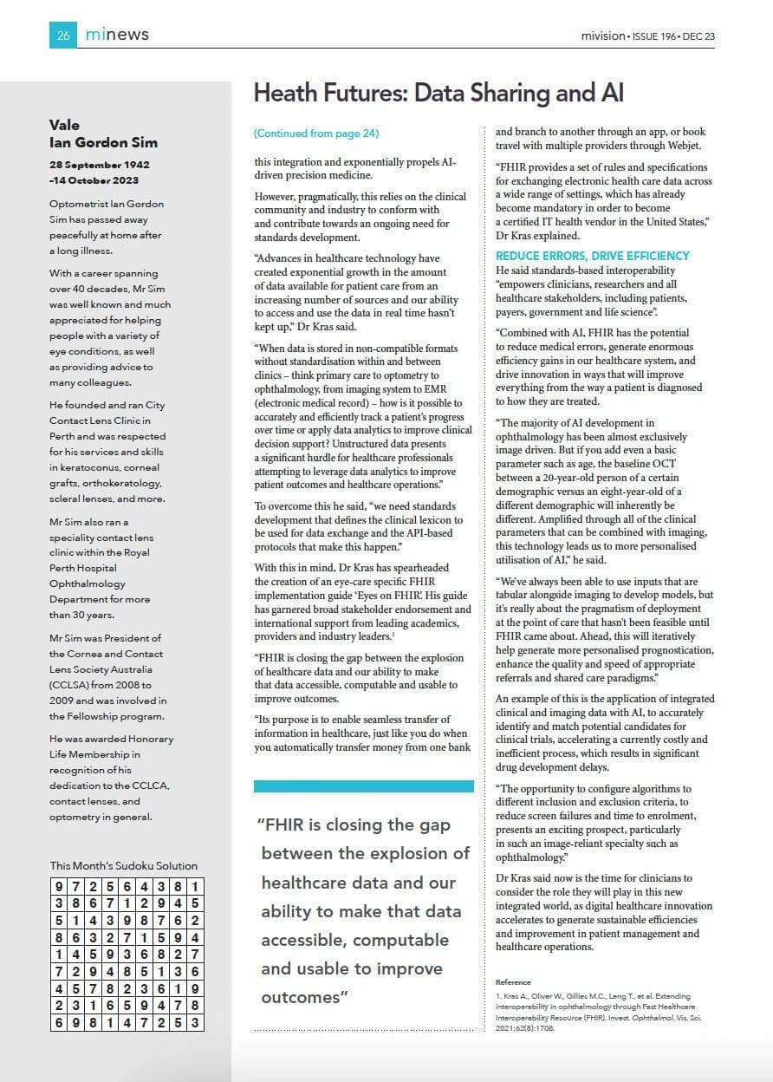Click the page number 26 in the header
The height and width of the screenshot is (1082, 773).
pos(63,35)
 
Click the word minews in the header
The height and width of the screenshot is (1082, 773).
pos(117,35)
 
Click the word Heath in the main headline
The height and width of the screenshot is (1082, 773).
pos(289,94)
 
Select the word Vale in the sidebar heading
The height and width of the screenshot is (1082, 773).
pos(64,125)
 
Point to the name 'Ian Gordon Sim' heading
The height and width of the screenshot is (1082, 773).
pos(103,142)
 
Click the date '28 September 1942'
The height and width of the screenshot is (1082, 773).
pos(100,165)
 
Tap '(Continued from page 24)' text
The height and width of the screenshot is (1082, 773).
pos(316,134)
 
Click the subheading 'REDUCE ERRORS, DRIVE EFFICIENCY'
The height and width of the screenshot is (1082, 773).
pos(593,256)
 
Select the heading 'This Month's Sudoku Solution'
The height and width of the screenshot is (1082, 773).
pos(124,865)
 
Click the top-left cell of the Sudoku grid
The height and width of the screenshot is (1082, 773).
pos(58,887)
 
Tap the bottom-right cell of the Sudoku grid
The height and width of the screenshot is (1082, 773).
pos(196,1022)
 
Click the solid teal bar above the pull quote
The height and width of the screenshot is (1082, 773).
pos(364,786)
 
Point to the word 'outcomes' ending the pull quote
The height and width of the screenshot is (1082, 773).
pos(301,998)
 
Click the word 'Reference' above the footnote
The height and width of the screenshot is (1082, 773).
pos(513,982)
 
